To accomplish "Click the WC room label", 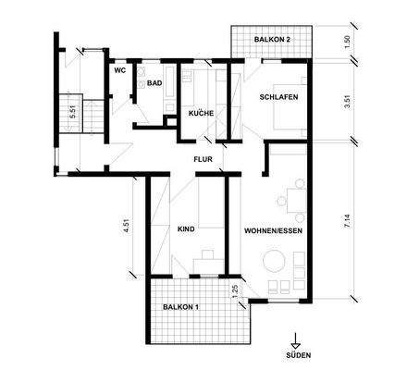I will point(119,70).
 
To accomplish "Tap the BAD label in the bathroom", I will point(154,83).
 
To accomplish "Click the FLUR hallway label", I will point(204,159).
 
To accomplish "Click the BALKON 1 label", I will point(182,306).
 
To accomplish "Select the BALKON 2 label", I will point(275,40).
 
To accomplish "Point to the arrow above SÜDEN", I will point(296,339).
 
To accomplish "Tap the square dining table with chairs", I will point(293,197).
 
